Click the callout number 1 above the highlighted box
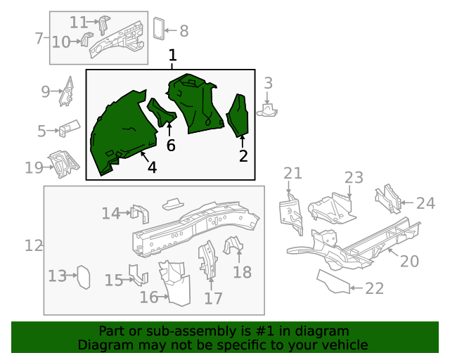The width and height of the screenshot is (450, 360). click(x=172, y=55)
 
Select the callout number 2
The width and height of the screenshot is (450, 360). click(x=243, y=156)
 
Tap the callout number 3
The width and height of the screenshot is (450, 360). click(x=268, y=84)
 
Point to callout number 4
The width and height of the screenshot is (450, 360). click(x=152, y=167)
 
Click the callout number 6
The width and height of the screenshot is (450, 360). click(x=170, y=146)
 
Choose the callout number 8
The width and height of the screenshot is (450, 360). click(x=184, y=31)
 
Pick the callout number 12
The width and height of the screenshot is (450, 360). click(x=34, y=246)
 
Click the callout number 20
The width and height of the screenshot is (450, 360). click(x=409, y=262)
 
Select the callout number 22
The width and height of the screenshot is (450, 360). click(x=375, y=288)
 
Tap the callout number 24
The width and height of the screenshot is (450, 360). click(x=425, y=204)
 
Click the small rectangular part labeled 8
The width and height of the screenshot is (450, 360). click(x=159, y=28)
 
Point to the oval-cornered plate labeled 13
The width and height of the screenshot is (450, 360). click(x=83, y=276)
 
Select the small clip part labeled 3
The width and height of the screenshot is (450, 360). click(x=269, y=109)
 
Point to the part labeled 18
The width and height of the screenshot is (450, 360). click(x=233, y=246)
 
